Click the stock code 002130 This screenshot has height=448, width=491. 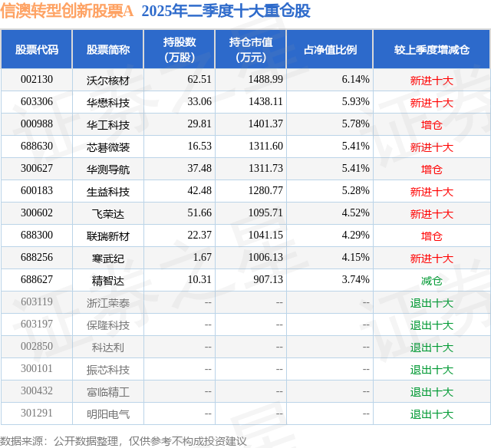(x=37, y=80)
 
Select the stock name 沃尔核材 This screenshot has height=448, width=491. (x=108, y=80)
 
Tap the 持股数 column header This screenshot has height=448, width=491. (x=180, y=50)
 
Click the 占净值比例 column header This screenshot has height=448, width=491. (x=330, y=50)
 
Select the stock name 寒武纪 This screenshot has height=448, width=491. (x=108, y=259)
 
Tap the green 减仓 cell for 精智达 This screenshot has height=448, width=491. (x=431, y=281)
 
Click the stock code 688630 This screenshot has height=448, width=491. (x=37, y=147)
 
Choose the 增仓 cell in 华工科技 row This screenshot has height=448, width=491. (x=431, y=124)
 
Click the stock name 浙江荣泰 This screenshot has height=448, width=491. (x=108, y=303)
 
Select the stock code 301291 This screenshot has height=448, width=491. (x=37, y=414)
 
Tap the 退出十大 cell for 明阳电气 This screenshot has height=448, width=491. (x=431, y=414)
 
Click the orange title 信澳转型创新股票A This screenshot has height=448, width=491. (x=67, y=11)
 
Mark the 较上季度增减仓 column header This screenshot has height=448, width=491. (x=431, y=50)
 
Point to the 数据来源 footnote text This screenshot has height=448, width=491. (x=124, y=441)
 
